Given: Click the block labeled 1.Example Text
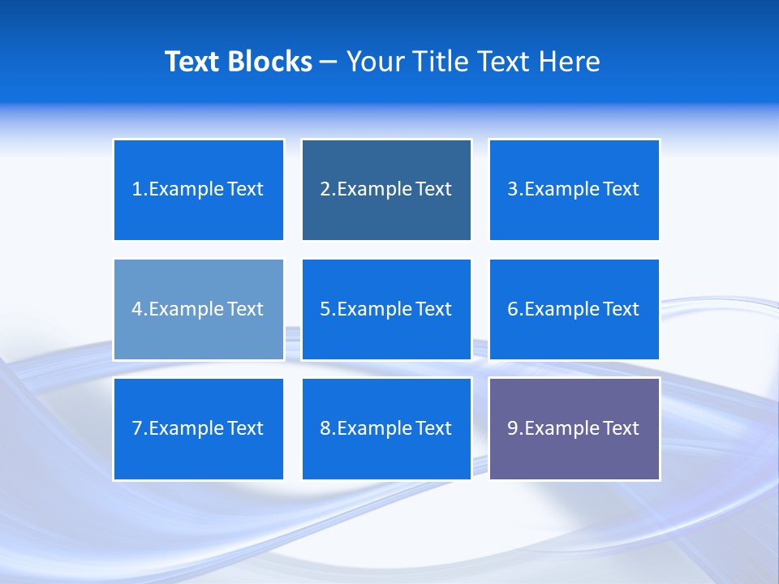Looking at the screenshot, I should (198, 190).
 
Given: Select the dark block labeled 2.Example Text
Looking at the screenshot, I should (386, 190).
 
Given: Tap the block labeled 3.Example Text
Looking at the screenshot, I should (574, 190).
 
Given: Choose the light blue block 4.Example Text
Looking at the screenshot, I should (198, 309).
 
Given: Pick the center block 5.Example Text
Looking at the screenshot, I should (386, 309).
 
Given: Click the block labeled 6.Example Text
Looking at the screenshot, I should (574, 309).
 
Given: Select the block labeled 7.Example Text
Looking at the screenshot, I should (198, 428).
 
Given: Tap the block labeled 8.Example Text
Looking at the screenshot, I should (386, 428).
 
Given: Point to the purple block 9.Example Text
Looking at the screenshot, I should (574, 428).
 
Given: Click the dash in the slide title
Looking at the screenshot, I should (329, 62).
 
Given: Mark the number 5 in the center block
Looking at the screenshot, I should (325, 309).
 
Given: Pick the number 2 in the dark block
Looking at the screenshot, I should (325, 190).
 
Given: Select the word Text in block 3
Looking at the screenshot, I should (622, 190).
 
